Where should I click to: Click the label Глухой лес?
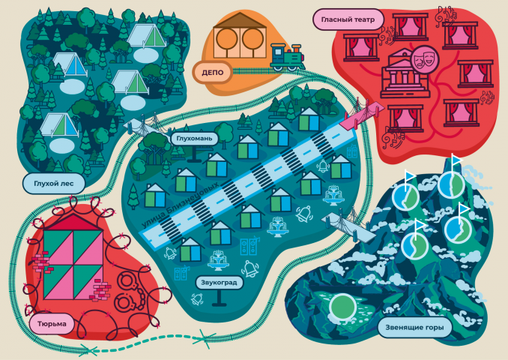[x=54, y=184]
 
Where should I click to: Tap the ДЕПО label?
[x=213, y=72]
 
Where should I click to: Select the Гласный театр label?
[x=348, y=19]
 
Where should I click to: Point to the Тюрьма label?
[x=52, y=324]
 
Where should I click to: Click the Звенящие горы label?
[x=414, y=327]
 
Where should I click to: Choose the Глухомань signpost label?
[x=194, y=139]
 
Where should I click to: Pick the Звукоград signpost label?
[x=219, y=283]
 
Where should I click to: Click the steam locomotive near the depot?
[x=288, y=57]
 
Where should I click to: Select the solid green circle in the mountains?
[x=342, y=307]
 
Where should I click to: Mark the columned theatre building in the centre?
[x=405, y=73]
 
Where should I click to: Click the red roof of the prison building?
[x=73, y=222]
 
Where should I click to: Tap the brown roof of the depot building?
[x=240, y=20]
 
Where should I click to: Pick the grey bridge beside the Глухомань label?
[x=148, y=126]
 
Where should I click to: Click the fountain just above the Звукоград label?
[x=219, y=260]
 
